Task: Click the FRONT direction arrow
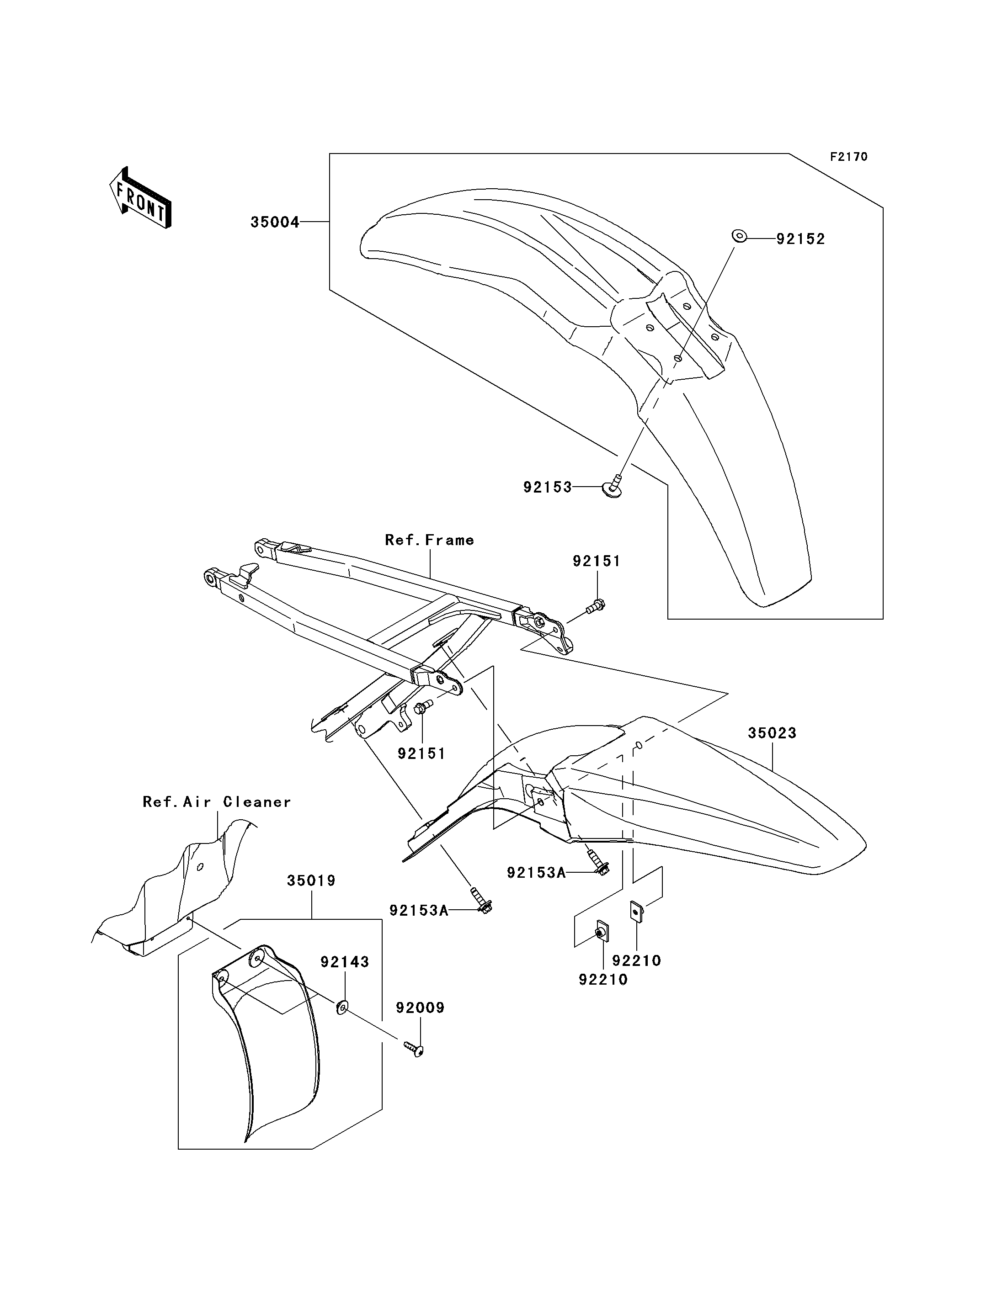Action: (141, 197)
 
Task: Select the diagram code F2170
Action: (849, 157)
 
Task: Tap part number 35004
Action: (274, 223)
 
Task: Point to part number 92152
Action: (800, 239)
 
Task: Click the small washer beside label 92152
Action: (738, 237)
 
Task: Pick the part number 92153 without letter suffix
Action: (548, 487)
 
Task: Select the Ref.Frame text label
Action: (429, 540)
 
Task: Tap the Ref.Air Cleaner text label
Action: (217, 802)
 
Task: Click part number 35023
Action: (773, 733)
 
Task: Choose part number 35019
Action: (311, 880)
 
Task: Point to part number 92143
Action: (345, 962)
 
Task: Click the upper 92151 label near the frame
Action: (597, 561)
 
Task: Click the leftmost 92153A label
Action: (418, 911)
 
